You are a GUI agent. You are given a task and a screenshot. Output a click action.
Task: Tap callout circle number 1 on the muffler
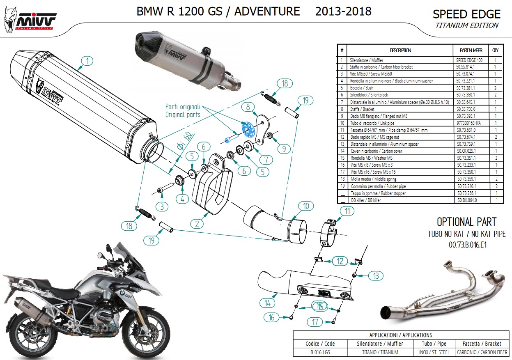click(87, 61)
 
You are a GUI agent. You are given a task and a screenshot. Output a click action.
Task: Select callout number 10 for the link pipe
click(306, 206)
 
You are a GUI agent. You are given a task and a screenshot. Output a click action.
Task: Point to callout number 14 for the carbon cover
click(267, 303)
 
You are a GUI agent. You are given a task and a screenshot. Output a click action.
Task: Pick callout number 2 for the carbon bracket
click(197, 224)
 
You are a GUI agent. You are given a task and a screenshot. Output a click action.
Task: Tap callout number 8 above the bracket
click(248, 107)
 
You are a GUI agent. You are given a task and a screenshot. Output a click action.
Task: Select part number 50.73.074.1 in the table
click(470, 74)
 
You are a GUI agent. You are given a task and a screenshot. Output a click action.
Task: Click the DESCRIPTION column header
click(400, 50)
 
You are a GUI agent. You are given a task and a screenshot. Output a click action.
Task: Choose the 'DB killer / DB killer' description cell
click(365, 200)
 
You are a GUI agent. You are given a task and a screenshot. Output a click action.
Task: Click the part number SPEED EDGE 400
click(470, 60)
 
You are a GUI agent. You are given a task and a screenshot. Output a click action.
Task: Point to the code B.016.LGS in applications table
click(320, 352)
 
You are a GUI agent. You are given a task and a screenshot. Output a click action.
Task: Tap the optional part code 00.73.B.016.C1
click(467, 245)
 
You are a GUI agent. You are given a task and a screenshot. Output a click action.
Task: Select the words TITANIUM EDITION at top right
click(467, 25)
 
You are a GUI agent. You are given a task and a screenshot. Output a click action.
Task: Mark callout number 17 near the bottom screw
click(315, 322)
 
